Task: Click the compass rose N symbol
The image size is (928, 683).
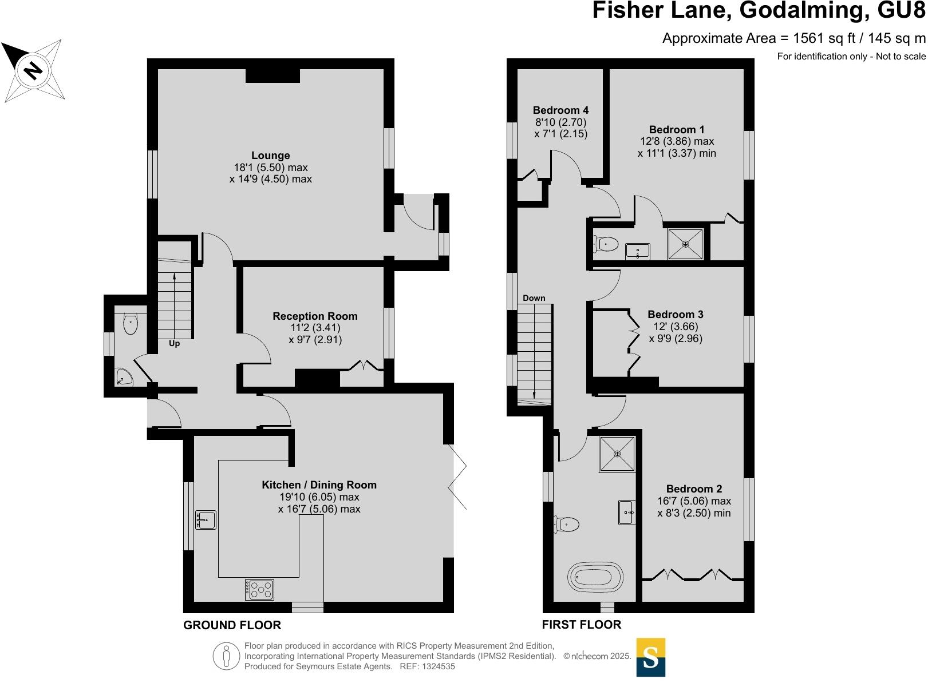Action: (x=33, y=70)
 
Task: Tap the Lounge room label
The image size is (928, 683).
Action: (x=270, y=156)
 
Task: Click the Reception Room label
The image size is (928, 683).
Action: (x=315, y=316)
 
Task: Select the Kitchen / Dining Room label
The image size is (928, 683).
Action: (x=319, y=485)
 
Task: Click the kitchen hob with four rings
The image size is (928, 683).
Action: (x=260, y=590)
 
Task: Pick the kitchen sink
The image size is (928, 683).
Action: (x=206, y=519)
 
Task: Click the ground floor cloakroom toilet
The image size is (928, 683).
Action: (x=131, y=324)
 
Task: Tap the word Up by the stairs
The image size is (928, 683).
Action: (x=174, y=344)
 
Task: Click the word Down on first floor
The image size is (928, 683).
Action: (x=534, y=298)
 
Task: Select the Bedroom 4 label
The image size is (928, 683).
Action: (x=560, y=110)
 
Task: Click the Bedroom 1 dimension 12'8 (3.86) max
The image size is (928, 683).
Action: (x=677, y=141)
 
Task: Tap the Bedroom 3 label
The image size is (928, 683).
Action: (x=676, y=315)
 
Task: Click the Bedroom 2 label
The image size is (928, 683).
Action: (x=694, y=489)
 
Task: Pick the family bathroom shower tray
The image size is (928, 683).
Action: (x=617, y=454)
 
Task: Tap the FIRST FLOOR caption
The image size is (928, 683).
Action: (x=581, y=625)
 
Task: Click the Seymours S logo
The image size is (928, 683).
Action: (x=651, y=657)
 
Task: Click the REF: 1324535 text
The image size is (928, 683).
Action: (x=427, y=666)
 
